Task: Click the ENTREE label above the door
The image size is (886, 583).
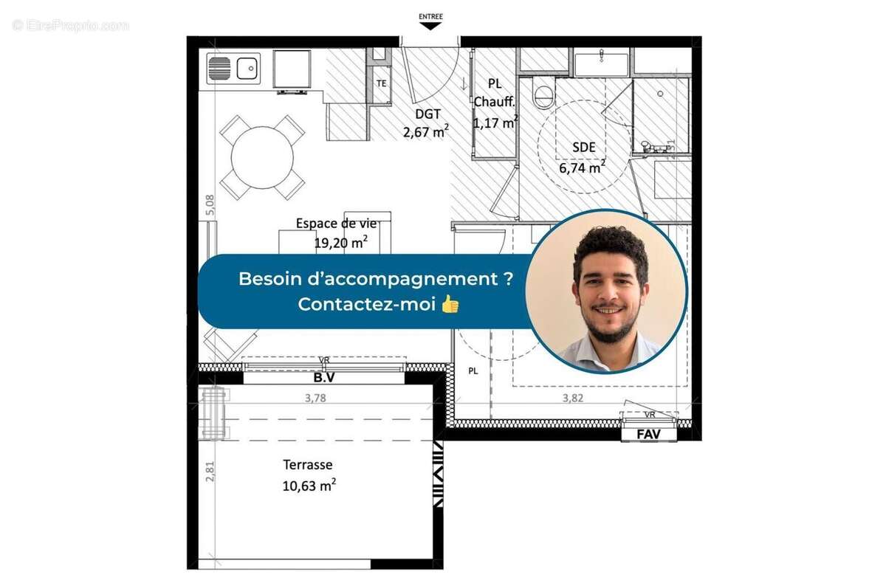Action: (x=430, y=15)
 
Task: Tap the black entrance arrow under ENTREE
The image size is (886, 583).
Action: (x=430, y=26)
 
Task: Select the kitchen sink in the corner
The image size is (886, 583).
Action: (x=233, y=69)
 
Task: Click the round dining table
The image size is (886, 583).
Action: (x=262, y=157)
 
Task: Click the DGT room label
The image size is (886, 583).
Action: (x=427, y=114)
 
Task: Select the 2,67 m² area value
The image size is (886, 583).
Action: (x=426, y=132)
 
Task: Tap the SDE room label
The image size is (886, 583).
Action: (x=583, y=148)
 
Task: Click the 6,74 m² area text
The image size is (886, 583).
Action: (x=583, y=167)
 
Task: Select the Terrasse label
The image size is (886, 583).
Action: (x=308, y=465)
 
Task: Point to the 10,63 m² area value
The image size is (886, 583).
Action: (x=310, y=484)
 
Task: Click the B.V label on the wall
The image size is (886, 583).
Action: (x=323, y=378)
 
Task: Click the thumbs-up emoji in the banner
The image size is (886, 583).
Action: (x=450, y=303)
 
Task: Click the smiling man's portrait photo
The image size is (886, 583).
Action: (x=606, y=291)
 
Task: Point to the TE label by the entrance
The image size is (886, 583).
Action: (x=382, y=83)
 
